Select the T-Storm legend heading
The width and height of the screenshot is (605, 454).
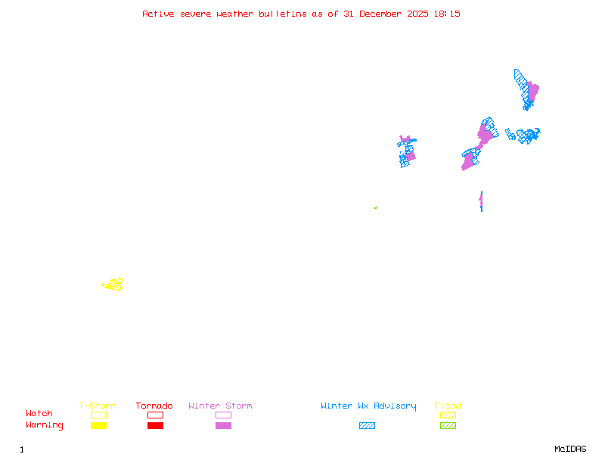pyautogui.click(x=98, y=406)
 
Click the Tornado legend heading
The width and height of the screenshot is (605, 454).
pyautogui.click(x=154, y=406)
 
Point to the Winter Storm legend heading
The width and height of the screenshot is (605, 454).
pyautogui.click(x=220, y=406)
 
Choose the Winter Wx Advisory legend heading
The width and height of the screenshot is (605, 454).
pyautogui.click(x=368, y=406)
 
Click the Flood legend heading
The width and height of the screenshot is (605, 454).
pyautogui.click(x=448, y=406)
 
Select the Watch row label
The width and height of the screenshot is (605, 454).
pyautogui.click(x=39, y=414)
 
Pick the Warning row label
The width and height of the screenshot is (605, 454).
pyautogui.click(x=45, y=425)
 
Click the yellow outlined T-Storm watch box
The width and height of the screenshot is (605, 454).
pyautogui.click(x=98, y=415)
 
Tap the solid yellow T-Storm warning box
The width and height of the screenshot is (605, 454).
pyautogui.click(x=98, y=425)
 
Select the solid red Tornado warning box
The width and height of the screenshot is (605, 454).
pyautogui.click(x=155, y=425)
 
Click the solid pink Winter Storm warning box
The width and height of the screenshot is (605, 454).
pyautogui.click(x=223, y=425)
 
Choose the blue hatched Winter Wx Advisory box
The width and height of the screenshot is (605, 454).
pyautogui.click(x=367, y=425)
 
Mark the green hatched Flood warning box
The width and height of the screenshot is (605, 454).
pyautogui.click(x=448, y=425)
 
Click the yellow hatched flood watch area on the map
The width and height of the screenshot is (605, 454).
pyautogui.click(x=113, y=285)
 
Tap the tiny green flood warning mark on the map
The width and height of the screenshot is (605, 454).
pyautogui.click(x=376, y=207)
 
